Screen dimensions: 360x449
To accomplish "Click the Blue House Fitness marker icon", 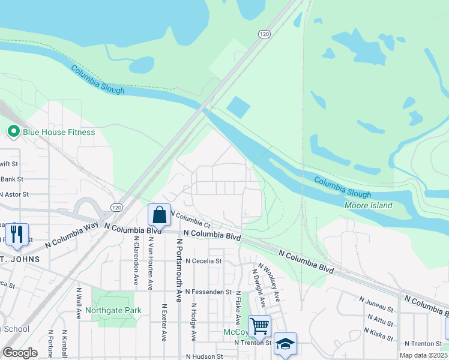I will tap(13, 131).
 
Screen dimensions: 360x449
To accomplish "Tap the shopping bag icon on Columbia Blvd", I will tap(159, 215).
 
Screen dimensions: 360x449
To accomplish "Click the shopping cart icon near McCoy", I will tap(259, 326).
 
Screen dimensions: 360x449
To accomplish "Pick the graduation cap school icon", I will tap(285, 343).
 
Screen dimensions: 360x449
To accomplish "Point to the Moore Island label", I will tap(368, 205).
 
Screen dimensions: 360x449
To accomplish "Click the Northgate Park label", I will tap(113, 310).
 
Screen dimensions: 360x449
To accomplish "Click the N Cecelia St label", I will tap(203, 261).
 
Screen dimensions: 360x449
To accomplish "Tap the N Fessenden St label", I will tap(208, 292).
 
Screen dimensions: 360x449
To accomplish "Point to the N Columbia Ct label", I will tap(191, 220).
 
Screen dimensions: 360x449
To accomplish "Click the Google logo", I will tap(20, 352).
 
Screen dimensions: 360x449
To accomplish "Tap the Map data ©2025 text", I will tap(424, 355).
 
